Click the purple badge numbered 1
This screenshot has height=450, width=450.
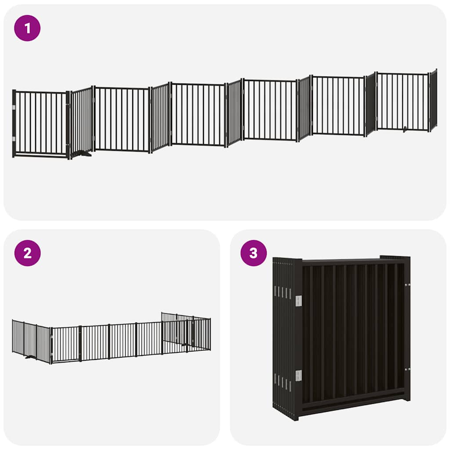27,28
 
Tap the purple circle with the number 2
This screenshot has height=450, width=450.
27,253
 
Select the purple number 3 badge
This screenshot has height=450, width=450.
254,253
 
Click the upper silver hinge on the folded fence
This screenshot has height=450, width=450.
298,301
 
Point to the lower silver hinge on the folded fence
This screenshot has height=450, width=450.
298,376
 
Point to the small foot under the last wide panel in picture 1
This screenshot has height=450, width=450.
405,130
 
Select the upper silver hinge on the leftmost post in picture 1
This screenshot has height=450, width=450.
14,107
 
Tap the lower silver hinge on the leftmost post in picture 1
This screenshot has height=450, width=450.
14,139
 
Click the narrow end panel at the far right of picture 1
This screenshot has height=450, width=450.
433,100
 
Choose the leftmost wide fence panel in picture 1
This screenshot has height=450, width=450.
40,123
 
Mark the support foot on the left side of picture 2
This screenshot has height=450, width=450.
30,357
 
